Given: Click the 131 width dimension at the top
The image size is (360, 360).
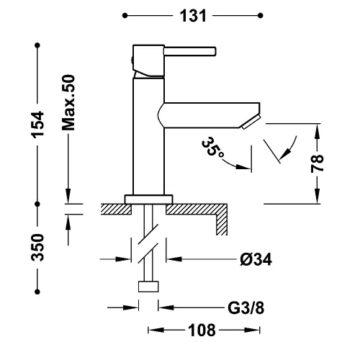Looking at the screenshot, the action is (x=193, y=16).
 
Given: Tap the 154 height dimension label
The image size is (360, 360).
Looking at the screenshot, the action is (x=37, y=125).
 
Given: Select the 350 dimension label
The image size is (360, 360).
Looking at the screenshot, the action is (x=37, y=248).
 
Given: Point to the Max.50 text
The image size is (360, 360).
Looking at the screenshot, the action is (x=68, y=103).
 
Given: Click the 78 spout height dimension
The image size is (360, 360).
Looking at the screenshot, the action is (x=318, y=163).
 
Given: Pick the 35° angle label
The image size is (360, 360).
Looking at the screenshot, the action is (x=212, y=148).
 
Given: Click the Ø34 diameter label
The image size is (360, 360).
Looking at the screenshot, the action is (x=256, y=259).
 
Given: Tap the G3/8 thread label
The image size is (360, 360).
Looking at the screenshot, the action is (x=246, y=307).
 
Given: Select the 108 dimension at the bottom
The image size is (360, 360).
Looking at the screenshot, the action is (x=202, y=330).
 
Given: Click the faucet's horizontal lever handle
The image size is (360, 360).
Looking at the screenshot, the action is (x=190, y=52).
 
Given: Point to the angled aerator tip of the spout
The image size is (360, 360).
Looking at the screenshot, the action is (x=251, y=122).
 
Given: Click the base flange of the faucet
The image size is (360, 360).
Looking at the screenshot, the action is (x=149, y=199).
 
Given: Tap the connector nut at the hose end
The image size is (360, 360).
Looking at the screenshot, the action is (x=148, y=287).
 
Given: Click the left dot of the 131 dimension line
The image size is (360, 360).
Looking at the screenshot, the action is (x=125, y=16).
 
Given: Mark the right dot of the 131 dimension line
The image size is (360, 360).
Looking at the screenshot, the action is (x=261, y=16).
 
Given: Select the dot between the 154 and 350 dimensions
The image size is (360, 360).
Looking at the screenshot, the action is (x=37, y=204).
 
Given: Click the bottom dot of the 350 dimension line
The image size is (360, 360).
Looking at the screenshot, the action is (x=37, y=292).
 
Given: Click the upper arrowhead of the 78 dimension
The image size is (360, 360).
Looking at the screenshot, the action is (x=318, y=131).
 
